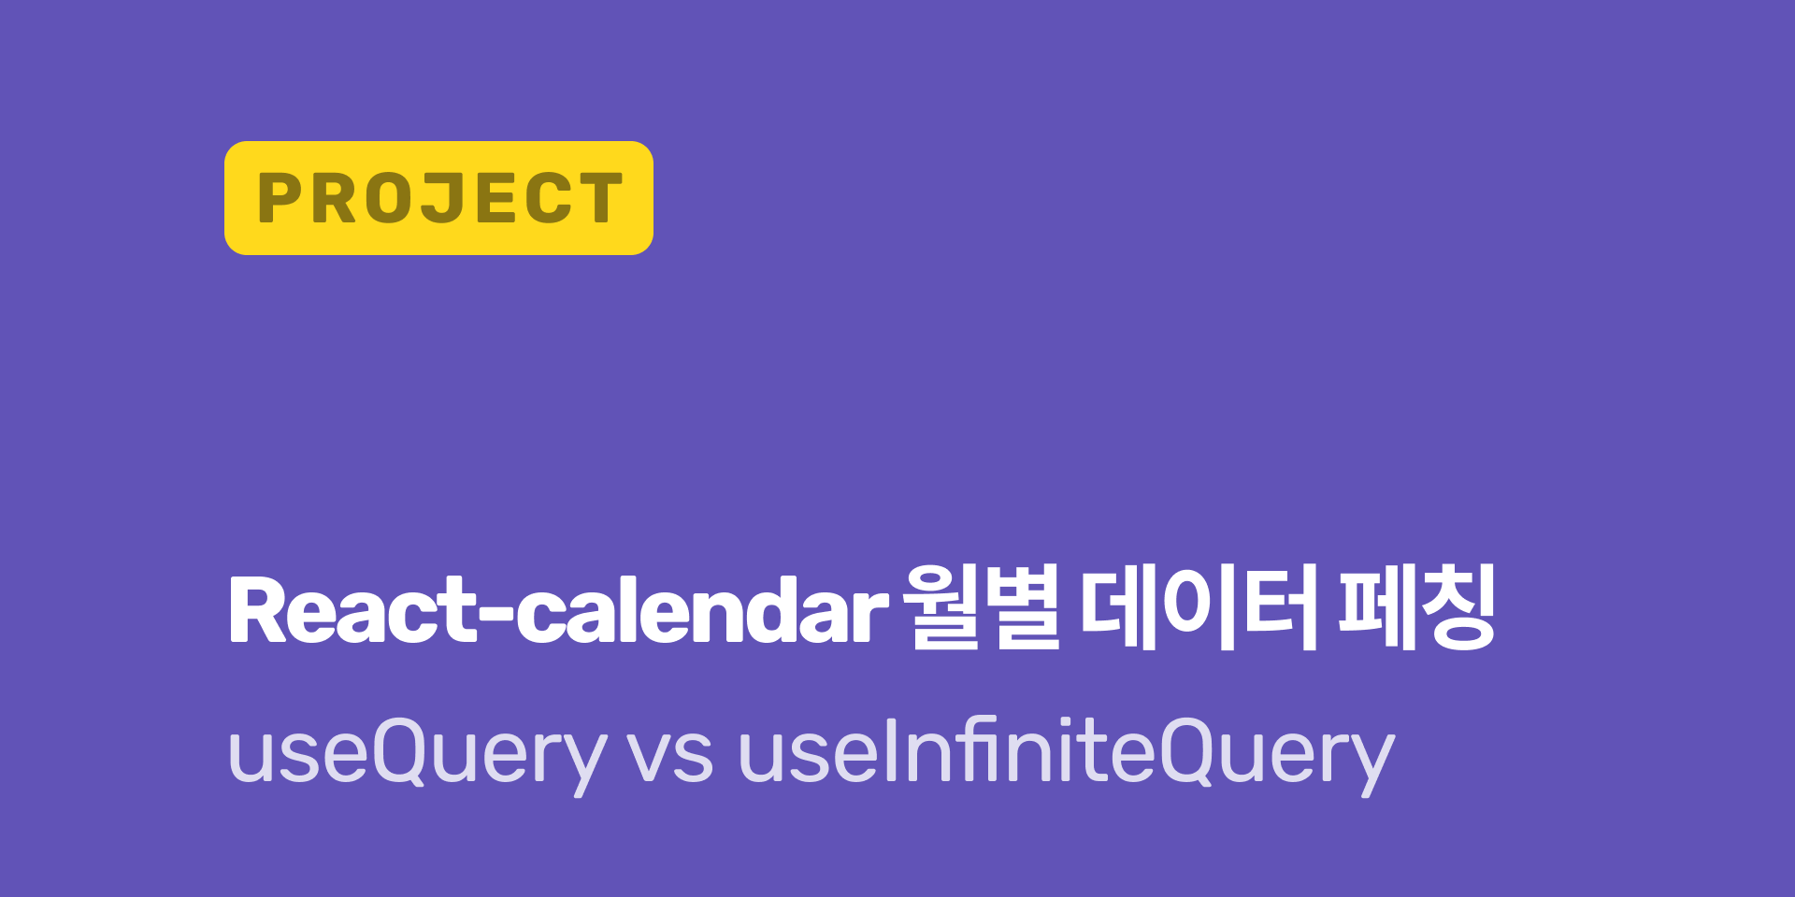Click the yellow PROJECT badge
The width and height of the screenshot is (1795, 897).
tap(438, 198)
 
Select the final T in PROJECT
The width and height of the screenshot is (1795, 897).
tap(598, 198)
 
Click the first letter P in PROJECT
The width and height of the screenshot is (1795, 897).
tap(278, 198)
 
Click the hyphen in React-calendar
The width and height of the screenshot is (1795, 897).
tap(495, 615)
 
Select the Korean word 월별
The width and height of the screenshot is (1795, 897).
tap(982, 607)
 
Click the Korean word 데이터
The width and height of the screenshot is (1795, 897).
tap(1199, 607)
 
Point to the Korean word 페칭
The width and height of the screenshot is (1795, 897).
tap(1417, 607)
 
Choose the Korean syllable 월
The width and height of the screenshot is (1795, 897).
tap(942, 607)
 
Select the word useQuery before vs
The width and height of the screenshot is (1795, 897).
tap(417, 753)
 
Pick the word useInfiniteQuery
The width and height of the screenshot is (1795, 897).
tap(1066, 753)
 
